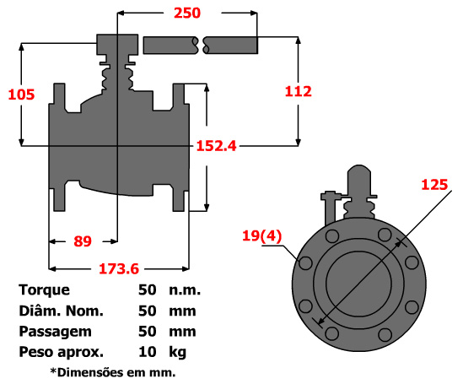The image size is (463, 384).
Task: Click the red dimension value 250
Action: (187, 13)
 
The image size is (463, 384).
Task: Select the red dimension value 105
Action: (21, 94)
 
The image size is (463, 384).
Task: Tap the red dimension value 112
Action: (299, 91)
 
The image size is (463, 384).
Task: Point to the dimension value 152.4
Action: (217, 145)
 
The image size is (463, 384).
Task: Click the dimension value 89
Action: (82, 241)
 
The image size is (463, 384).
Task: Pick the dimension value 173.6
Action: (117, 269)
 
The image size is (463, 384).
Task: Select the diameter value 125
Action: (434, 184)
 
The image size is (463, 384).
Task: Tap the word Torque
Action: (44, 290)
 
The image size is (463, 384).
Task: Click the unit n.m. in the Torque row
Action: (184, 290)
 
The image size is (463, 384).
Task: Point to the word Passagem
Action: (55, 331)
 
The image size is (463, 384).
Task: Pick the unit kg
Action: (176, 352)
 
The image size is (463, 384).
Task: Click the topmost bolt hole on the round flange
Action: (384, 235)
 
